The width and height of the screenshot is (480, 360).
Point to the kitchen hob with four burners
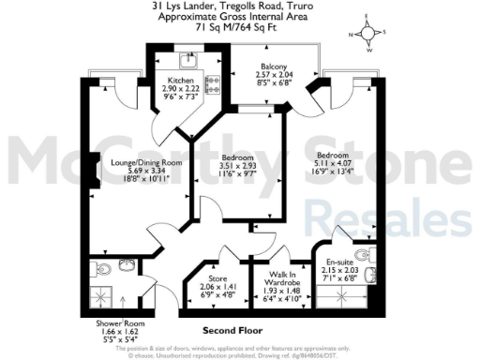point(212,87)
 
